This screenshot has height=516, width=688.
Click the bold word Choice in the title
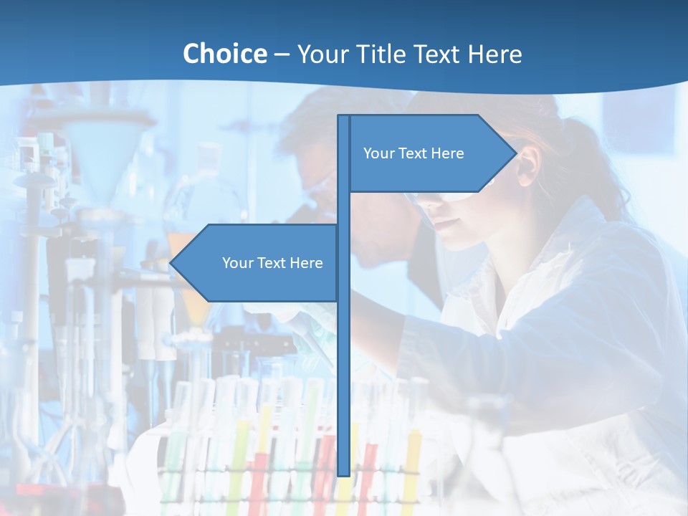pyautogui.click(x=224, y=54)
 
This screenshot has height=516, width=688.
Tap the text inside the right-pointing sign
pyautogui.click(x=414, y=153)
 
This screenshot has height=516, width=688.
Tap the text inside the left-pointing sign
pyautogui.click(x=272, y=263)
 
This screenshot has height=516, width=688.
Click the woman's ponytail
pyautogui.click(x=602, y=172)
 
